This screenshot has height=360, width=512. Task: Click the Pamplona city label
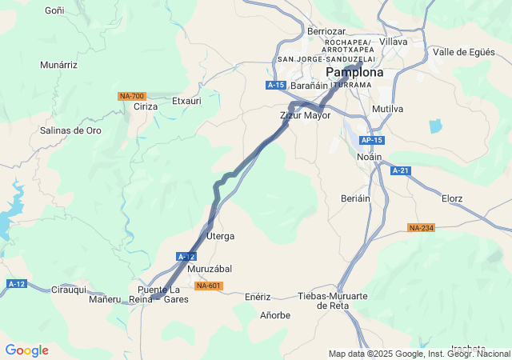(x=354, y=72)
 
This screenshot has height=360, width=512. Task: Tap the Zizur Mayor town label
(x=306, y=115)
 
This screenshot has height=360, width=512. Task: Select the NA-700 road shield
(x=131, y=96)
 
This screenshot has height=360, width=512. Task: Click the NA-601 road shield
(x=209, y=286)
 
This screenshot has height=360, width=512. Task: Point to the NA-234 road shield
(x=421, y=228)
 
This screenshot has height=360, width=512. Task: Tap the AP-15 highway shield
(x=372, y=140)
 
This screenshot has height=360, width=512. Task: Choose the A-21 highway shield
(x=401, y=170)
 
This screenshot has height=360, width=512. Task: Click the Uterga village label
(x=221, y=237)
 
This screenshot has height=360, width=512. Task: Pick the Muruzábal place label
(x=210, y=269)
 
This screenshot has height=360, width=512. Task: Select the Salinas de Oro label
(x=71, y=130)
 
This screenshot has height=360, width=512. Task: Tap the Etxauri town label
(x=186, y=102)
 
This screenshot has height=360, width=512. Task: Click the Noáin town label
(x=369, y=158)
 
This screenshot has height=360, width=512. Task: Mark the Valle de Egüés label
(x=463, y=52)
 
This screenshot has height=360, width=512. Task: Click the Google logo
(x=26, y=350)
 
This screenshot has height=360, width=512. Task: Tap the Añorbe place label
(x=275, y=315)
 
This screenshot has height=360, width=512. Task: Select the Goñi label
(x=54, y=10)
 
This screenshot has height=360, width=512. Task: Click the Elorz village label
(x=452, y=198)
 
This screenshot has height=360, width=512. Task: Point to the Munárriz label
(x=59, y=65)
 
